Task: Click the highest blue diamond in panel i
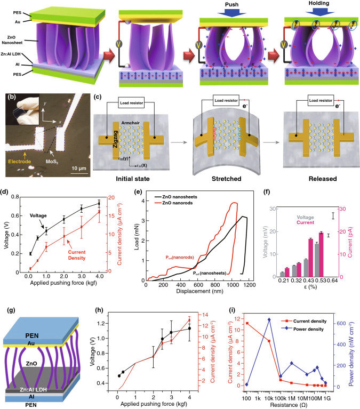[x=270, y=319]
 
